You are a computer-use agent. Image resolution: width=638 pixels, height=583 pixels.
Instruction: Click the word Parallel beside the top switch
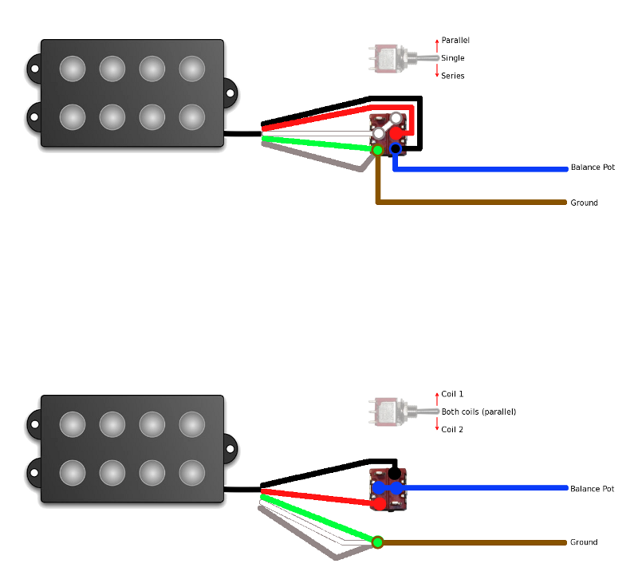click(455, 40)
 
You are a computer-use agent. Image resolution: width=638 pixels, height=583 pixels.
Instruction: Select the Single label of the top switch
click(452, 58)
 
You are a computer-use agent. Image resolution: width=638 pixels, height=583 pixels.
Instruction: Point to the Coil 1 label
click(452, 394)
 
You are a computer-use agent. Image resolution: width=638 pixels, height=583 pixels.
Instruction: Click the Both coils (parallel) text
click(478, 412)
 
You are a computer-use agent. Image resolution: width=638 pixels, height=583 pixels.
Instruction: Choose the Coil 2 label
click(452, 429)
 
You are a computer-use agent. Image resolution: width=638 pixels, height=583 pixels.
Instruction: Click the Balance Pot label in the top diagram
click(593, 167)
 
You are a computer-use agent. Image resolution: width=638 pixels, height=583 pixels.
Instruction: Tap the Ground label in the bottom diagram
click(584, 542)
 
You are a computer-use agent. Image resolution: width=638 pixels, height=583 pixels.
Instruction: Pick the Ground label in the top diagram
click(584, 203)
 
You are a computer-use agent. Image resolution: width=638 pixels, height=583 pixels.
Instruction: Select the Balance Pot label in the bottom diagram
click(592, 488)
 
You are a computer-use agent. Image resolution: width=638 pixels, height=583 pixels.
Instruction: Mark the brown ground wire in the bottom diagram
click(478, 543)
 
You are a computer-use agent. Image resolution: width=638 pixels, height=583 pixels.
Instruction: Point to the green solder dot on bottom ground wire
click(378, 543)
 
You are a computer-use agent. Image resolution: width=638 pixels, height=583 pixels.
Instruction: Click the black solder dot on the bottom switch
click(394, 474)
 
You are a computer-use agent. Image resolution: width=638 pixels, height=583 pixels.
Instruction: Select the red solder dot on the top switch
click(395, 133)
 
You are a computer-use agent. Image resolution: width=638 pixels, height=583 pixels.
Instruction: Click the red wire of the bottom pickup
click(319, 495)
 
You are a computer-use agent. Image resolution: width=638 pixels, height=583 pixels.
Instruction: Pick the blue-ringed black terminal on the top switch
click(395, 148)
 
